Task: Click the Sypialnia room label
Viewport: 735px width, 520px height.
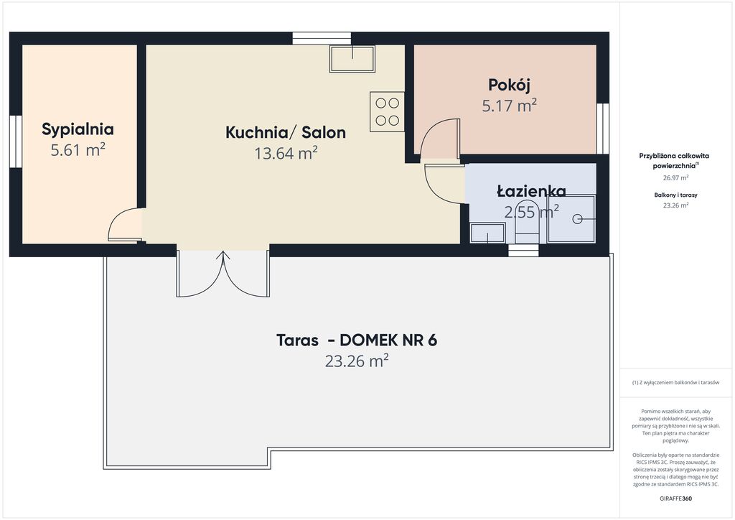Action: (78, 129)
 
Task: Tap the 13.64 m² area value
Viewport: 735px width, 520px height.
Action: (286, 153)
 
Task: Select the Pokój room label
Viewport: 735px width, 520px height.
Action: (509, 85)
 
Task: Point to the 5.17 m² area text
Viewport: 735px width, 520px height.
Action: (509, 106)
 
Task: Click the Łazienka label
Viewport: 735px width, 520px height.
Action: (531, 191)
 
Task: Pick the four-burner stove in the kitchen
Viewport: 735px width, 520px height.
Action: (387, 111)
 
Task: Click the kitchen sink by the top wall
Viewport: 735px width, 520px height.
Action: (352, 59)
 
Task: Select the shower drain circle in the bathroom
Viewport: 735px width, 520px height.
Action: (577, 219)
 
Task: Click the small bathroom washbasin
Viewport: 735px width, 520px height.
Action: (487, 233)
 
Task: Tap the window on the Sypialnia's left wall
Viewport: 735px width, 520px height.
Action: (16, 141)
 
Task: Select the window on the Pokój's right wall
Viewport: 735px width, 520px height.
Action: (603, 128)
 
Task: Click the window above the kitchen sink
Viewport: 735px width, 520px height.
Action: (322, 38)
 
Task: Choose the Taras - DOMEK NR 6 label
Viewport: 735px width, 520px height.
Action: (357, 340)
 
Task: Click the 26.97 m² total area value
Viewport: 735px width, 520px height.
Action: (675, 177)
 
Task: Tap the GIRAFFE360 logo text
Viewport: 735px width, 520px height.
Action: (675, 498)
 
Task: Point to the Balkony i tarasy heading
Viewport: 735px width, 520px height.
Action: (675, 195)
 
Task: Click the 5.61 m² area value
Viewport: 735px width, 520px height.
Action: (78, 150)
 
